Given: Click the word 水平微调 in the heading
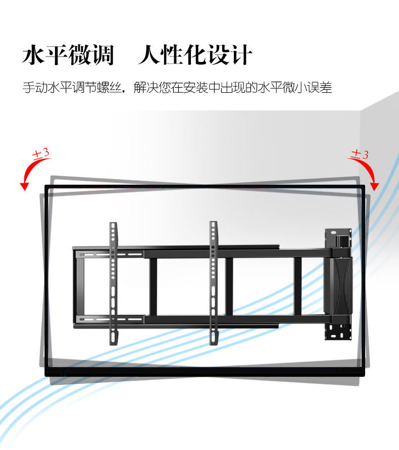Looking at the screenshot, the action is click(68, 55).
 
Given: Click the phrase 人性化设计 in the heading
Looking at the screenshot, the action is click(195, 55).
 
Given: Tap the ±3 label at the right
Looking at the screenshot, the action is click(360, 154).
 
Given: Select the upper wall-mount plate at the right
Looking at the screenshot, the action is click(338, 238).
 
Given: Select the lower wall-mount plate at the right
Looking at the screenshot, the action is click(338, 331).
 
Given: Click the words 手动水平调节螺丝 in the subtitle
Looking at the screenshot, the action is click(72, 87).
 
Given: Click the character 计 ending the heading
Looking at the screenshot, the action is click(241, 55).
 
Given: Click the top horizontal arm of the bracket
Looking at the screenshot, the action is click(202, 251).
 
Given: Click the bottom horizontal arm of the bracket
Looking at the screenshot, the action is click(202, 319).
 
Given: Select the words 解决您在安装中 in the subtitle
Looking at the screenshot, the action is click(177, 87).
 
